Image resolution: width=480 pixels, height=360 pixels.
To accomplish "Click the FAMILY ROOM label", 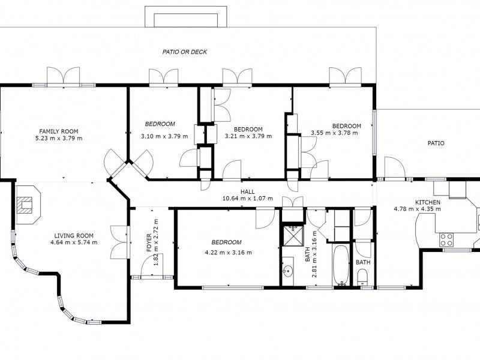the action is coord(58,131).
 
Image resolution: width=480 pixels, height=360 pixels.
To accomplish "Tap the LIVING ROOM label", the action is coord(74,236).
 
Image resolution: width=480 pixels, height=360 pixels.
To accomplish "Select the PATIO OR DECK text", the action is coord(185,52).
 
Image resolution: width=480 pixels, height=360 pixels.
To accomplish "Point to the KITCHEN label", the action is coord(428,202).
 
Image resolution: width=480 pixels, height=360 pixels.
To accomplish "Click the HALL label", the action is coord(247,192).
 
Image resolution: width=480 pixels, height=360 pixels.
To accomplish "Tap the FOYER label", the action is coord(149,243).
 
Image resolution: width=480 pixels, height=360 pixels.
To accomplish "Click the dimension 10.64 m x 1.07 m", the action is coord(247,199).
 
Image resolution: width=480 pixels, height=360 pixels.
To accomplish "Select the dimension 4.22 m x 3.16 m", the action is coord(229,253).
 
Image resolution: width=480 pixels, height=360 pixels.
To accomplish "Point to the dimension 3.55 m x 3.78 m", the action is coord(334,133).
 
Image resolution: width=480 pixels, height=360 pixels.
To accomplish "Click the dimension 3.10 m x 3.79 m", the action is coord(164,137).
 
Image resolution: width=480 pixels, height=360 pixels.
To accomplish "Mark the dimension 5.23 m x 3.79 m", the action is coord(59,139).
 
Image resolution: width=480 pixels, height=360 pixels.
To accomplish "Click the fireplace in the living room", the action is coord(28,205).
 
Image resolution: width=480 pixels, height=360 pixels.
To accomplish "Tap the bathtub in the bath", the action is coord(340,265).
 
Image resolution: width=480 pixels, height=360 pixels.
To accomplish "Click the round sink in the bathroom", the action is coord(287,271).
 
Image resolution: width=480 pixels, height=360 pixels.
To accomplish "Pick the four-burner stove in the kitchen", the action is coord(446,239).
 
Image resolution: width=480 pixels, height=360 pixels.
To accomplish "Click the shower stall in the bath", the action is coord(293,236).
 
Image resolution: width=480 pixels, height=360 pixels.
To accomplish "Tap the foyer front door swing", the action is coord(152,265).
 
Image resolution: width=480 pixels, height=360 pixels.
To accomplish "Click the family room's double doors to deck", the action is coord(64,76).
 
